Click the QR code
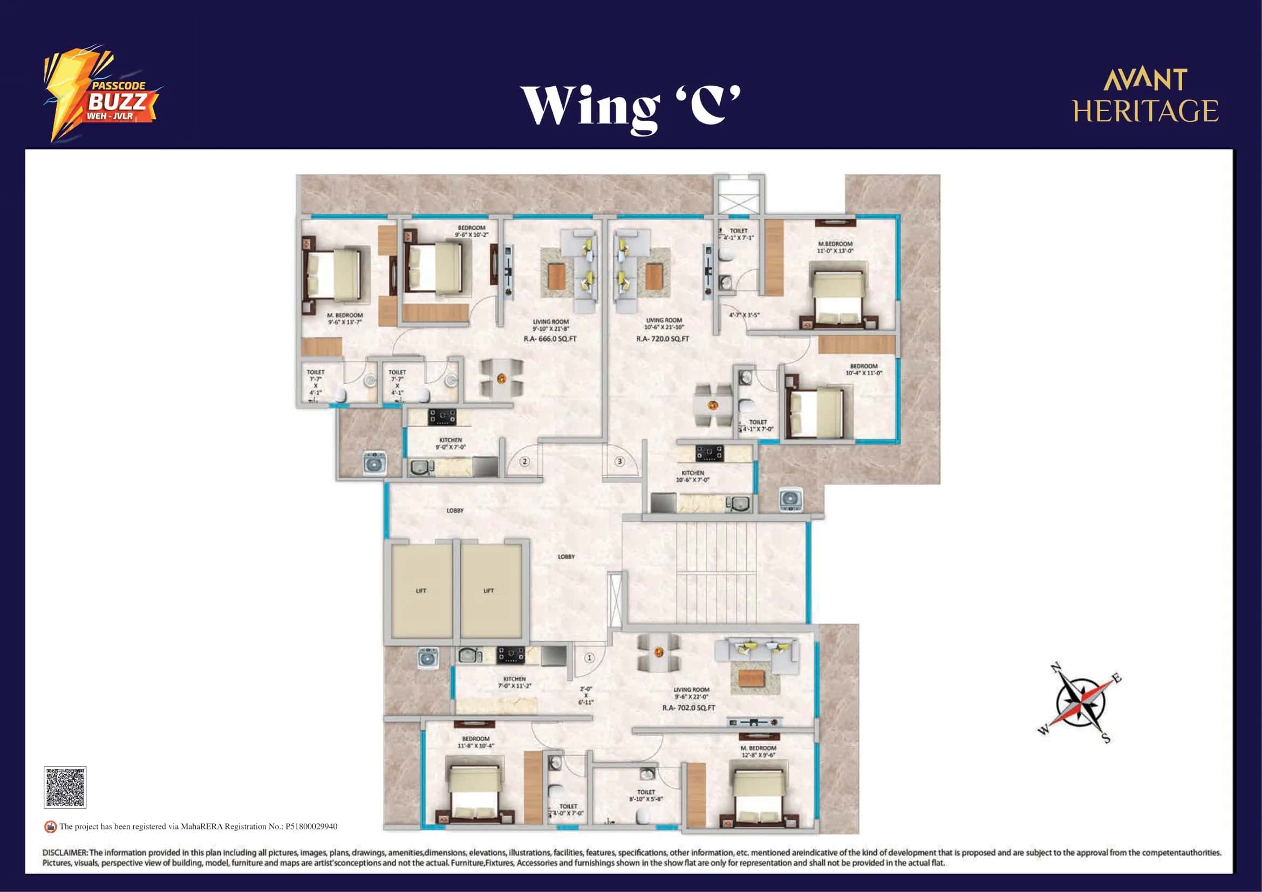65,787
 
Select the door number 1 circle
589,657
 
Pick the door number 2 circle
525,462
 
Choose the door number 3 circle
619,462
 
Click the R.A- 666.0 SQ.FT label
550,339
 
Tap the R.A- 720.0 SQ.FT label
663,339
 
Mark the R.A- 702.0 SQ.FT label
688,708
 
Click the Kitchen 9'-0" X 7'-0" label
450,444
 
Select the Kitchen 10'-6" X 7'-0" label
693,476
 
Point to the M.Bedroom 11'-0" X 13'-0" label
835,247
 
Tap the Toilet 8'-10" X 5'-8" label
646,795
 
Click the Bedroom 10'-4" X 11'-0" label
863,369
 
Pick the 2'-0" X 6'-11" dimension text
586,695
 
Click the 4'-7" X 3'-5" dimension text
744,315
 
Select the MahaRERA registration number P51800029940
311,827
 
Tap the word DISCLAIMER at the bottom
65,853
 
